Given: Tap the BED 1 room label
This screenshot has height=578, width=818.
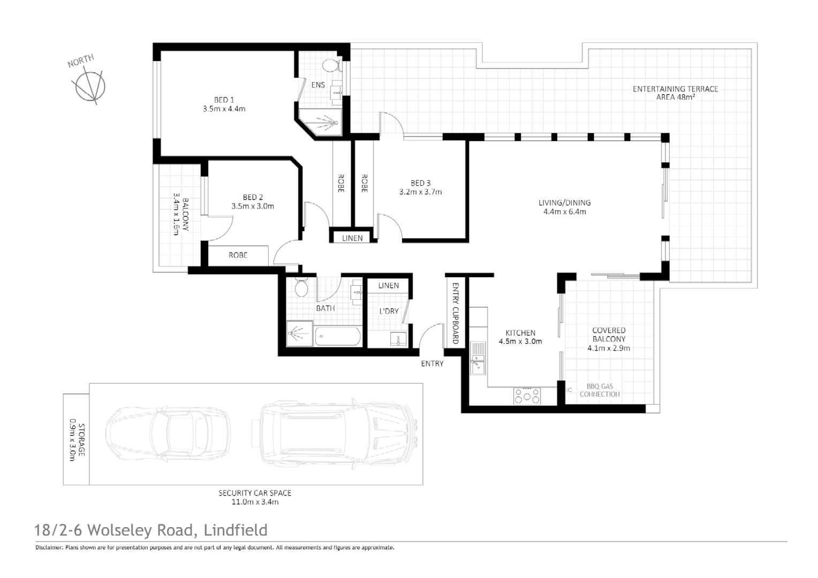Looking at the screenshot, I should pyautogui.click(x=224, y=100).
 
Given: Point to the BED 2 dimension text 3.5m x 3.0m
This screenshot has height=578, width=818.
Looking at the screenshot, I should pyautogui.click(x=253, y=206).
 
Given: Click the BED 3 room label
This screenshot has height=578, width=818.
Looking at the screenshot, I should pyautogui.click(x=420, y=183).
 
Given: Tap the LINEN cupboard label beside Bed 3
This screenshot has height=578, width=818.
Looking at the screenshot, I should pyautogui.click(x=352, y=238).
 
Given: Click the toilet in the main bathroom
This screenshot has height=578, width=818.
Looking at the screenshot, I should pyautogui.click(x=301, y=288).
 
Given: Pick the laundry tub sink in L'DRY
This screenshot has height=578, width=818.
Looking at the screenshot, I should pyautogui.click(x=398, y=339).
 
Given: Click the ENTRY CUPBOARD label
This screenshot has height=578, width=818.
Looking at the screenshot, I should pyautogui.click(x=456, y=313).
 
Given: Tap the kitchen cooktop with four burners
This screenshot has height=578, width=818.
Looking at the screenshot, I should pyautogui.click(x=527, y=396).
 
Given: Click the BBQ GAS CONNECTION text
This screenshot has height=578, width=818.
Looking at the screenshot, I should pyautogui.click(x=599, y=390).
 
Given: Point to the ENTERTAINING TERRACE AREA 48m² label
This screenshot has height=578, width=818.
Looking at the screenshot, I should pyautogui.click(x=675, y=93).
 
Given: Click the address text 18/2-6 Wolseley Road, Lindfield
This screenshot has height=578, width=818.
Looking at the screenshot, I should pyautogui.click(x=150, y=530).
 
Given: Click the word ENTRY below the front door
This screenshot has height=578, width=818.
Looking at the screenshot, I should pyautogui.click(x=432, y=363).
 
